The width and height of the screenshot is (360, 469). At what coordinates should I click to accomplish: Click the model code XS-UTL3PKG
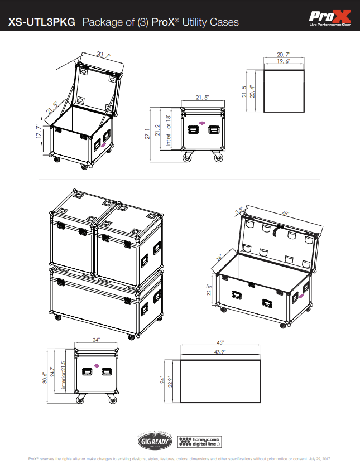[42, 22]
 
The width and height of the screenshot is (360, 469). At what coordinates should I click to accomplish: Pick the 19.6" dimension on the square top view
[284, 62]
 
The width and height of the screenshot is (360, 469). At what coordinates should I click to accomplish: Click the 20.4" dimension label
[252, 91]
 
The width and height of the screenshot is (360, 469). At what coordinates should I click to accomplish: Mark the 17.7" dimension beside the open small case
[40, 135]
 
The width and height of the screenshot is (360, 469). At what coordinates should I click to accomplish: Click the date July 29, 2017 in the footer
[320, 459]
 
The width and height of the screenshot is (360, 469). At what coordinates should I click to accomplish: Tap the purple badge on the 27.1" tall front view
[202, 122]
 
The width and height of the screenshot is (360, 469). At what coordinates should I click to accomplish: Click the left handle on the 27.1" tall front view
[193, 129]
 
